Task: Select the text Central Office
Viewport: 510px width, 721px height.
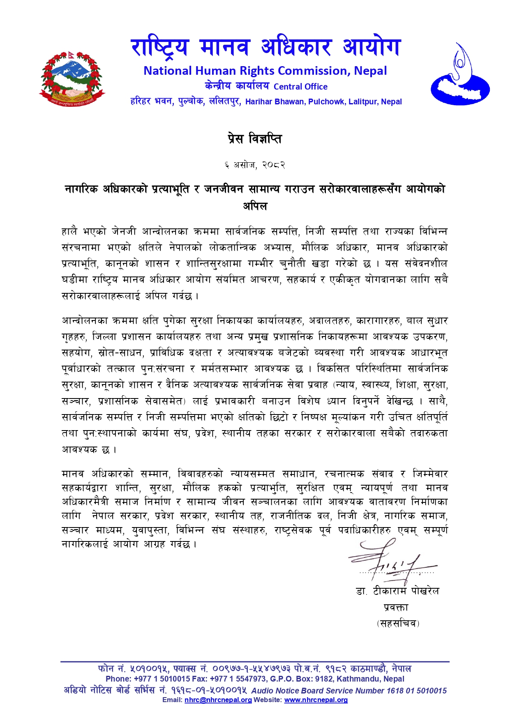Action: coord(300,87)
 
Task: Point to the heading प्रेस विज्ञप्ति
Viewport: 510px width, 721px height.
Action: coord(255,139)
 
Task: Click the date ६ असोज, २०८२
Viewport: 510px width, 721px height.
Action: coord(255,165)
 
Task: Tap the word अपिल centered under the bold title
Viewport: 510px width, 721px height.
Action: coord(255,206)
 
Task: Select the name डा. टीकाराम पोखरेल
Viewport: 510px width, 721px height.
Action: coord(397,591)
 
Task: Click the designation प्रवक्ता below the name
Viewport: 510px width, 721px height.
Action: coord(396,607)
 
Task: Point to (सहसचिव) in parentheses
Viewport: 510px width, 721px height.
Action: coord(398,623)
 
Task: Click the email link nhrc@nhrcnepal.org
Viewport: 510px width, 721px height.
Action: coord(218,700)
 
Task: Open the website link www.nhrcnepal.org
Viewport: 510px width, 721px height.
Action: coord(316,700)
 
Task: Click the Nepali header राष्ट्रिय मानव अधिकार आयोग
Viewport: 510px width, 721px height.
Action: coord(265,47)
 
